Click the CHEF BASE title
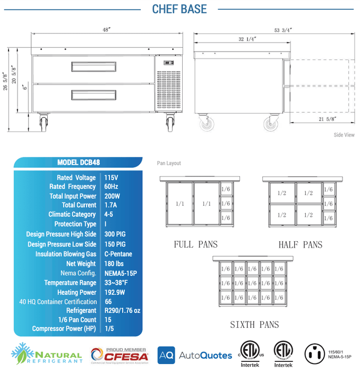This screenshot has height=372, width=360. point(179,9)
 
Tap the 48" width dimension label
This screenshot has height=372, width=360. point(106,30)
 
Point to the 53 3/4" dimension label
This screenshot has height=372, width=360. point(282,30)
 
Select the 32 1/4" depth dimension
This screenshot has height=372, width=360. point(247,39)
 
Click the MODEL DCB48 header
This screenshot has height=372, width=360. point(79,163)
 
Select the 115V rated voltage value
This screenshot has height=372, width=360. point(111,177)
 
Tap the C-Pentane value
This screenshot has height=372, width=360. point(118,254)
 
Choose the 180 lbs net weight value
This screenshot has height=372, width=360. point(114,264)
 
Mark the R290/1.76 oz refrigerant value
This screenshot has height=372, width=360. point(122,311)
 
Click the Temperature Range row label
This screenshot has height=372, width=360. point(71,283)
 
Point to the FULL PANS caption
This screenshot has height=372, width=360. point(195,244)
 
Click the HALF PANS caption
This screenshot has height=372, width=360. point(300,244)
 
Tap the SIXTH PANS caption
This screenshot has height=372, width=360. point(254,325)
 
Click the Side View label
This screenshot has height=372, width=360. point(344,135)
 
